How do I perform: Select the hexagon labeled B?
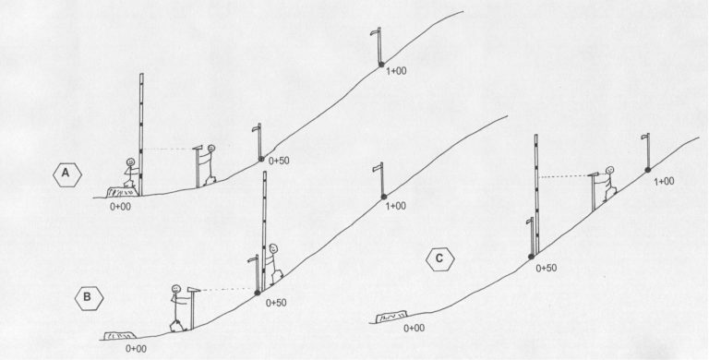88,296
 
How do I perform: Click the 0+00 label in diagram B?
136,348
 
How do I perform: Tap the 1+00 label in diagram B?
396,205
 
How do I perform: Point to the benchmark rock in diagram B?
122,334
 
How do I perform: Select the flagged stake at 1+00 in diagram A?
379,43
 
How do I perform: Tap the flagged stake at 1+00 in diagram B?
380,179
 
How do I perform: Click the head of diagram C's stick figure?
609,171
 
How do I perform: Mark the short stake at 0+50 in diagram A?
259,142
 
